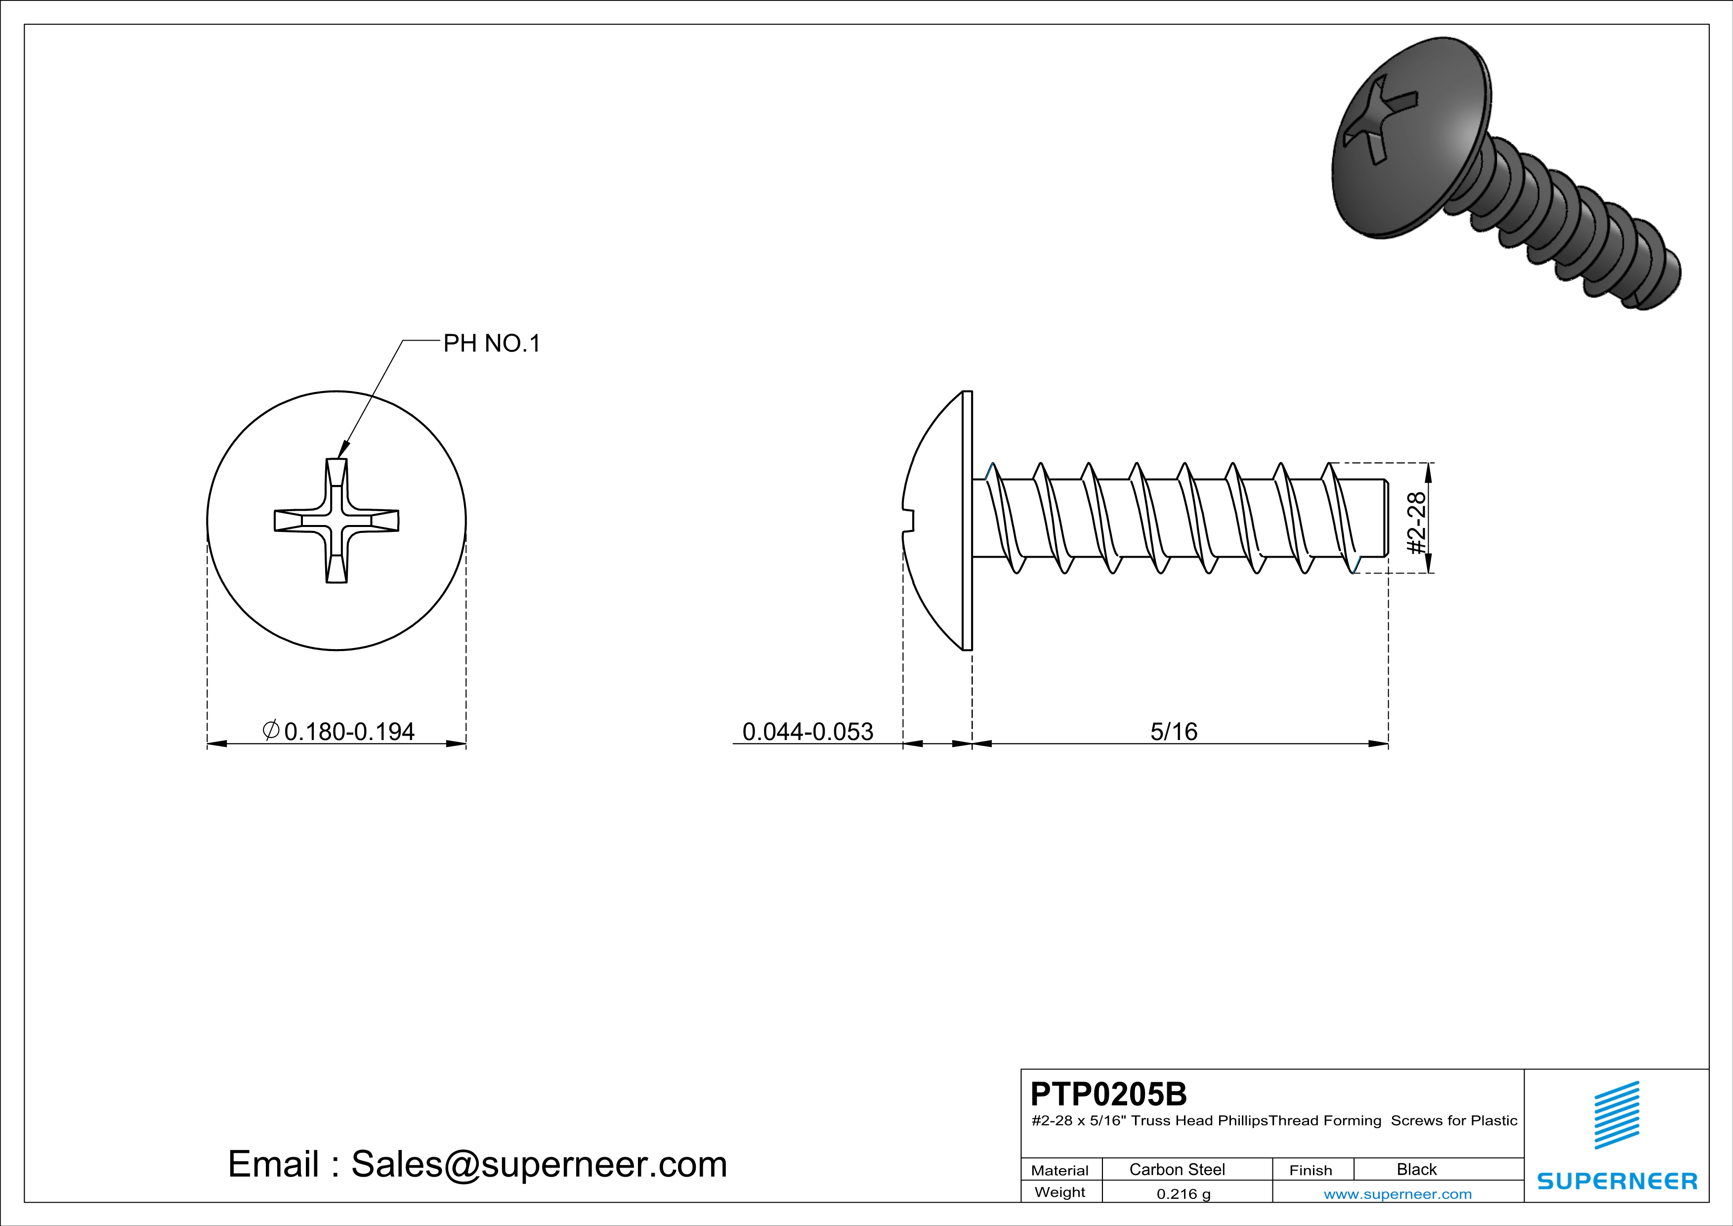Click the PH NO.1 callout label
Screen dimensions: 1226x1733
[491, 344]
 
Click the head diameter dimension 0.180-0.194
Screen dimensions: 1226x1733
[349, 732]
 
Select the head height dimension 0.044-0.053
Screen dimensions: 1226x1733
[807, 732]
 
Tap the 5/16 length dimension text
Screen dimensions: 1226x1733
[1174, 732]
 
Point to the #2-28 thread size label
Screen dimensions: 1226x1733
[1417, 523]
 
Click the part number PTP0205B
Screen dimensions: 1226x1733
[1108, 1094]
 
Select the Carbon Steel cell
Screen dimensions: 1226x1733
[1177, 1169]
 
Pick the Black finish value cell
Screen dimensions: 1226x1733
[1416, 1169]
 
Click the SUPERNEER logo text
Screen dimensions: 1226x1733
[1617, 1181]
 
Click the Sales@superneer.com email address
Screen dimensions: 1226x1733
[539, 1164]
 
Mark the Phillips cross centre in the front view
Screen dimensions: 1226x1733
[337, 521]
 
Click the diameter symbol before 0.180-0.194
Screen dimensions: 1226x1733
[271, 730]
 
